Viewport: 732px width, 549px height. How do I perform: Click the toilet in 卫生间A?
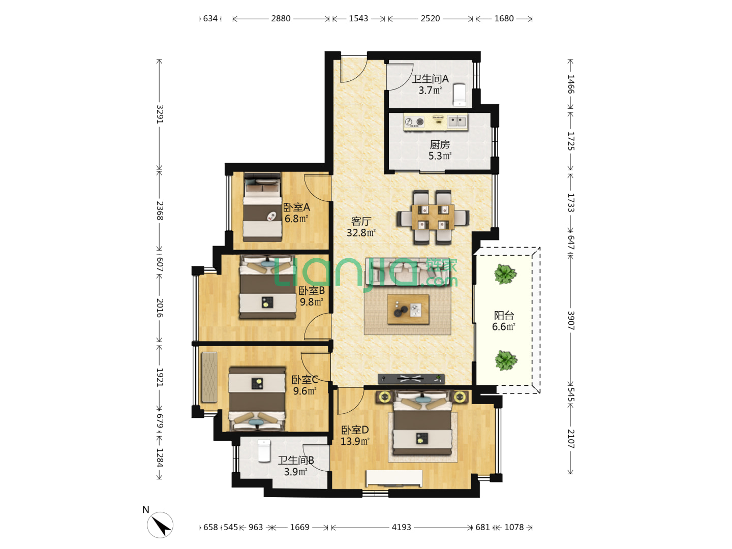click(460, 95)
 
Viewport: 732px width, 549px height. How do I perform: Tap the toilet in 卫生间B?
click(264, 451)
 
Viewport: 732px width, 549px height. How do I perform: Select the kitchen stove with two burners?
click(414, 122)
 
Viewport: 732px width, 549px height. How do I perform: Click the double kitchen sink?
click(457, 121)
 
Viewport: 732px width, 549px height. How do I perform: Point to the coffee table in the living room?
click(408, 309)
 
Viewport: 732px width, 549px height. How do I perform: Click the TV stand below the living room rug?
click(411, 379)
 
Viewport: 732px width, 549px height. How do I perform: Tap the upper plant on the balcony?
click(505, 274)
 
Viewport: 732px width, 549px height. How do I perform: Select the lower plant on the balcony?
click(506, 360)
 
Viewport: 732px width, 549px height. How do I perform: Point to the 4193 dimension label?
click(401, 527)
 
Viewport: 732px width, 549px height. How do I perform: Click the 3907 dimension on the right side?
click(570, 320)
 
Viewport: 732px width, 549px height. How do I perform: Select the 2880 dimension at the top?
click(281, 19)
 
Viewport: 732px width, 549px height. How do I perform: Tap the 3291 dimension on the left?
click(160, 114)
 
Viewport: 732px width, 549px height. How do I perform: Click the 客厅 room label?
click(361, 221)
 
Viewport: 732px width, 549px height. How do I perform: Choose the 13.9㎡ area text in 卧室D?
click(355, 441)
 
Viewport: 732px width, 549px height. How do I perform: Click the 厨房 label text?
click(440, 145)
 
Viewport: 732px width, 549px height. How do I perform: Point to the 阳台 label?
click(504, 315)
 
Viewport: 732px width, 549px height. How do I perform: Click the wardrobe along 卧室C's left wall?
click(209, 377)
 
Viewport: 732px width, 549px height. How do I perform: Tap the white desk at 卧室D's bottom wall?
click(394, 478)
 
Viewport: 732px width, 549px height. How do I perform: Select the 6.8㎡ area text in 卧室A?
click(296, 219)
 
